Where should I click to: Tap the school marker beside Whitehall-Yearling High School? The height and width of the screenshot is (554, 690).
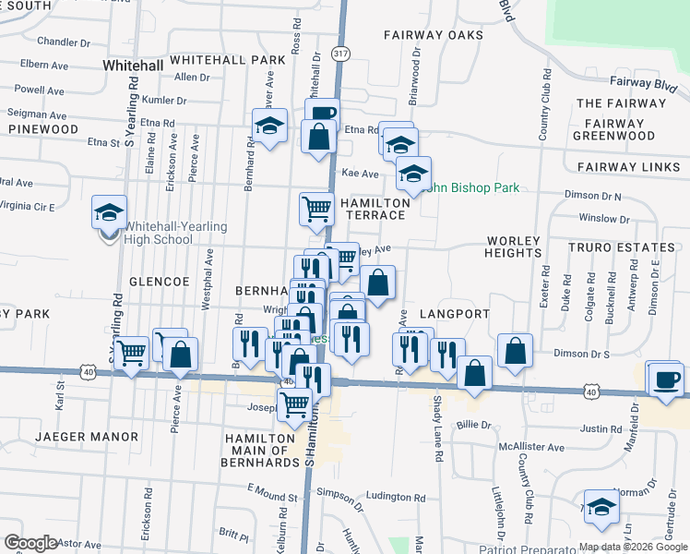(x=109, y=214)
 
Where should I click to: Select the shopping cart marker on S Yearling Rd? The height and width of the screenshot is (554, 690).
(x=133, y=352)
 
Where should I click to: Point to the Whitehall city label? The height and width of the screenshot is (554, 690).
(x=133, y=66)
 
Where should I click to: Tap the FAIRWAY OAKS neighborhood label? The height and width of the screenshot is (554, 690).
(x=434, y=35)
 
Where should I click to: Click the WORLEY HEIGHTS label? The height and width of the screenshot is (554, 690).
(x=513, y=247)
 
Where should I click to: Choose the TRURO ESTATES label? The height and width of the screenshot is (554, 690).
(x=622, y=247)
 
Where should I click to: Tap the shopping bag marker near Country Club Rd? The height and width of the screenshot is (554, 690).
(x=515, y=351)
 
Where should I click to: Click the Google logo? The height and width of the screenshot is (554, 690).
(x=30, y=543)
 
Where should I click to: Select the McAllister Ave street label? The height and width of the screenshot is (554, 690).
(x=529, y=447)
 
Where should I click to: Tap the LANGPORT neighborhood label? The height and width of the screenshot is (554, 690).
(x=454, y=314)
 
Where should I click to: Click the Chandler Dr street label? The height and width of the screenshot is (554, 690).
(x=64, y=42)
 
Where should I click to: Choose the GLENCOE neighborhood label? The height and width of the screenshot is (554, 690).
(x=160, y=281)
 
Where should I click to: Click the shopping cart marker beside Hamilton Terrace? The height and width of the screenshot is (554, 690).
(x=316, y=209)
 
